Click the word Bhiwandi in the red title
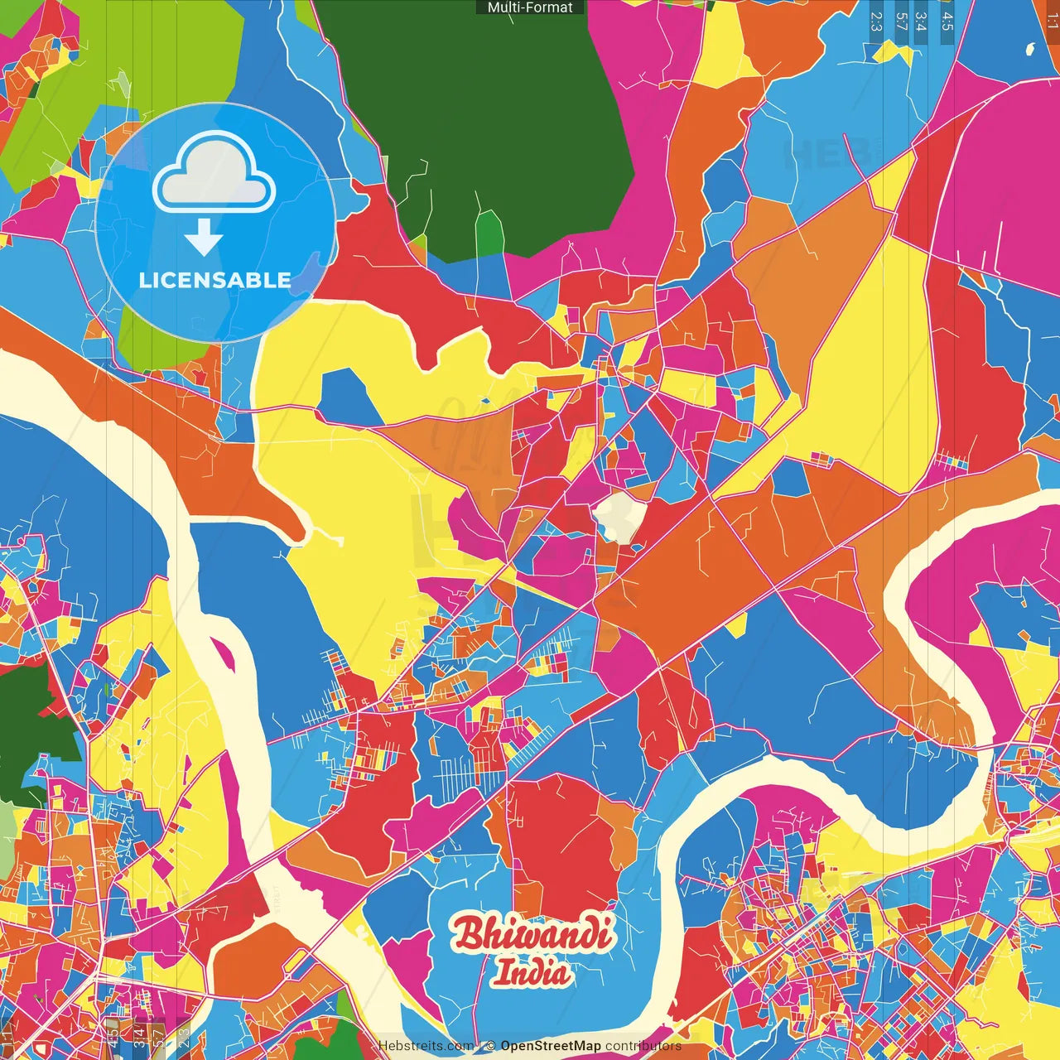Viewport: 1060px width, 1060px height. [532, 934]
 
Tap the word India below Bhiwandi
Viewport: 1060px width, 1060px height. [532, 972]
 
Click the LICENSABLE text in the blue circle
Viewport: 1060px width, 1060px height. [215, 280]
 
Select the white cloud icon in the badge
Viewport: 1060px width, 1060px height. [214, 172]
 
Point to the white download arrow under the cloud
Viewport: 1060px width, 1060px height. [204, 238]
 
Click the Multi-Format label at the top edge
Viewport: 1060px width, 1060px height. [530, 7]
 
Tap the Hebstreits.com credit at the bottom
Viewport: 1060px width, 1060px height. [426, 1046]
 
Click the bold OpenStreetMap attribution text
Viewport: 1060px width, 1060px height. [550, 1046]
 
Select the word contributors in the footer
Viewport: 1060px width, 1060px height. [643, 1046]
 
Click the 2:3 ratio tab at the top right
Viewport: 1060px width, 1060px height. [876, 21]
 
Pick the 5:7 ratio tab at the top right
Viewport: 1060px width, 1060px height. [901, 21]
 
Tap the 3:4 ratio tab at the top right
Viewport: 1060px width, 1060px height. [921, 21]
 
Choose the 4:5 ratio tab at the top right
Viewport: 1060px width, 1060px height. [947, 21]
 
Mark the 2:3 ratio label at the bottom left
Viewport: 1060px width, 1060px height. [183, 1038]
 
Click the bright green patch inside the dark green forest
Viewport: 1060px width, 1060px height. [489, 232]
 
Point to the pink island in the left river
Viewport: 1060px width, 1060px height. [224, 654]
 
